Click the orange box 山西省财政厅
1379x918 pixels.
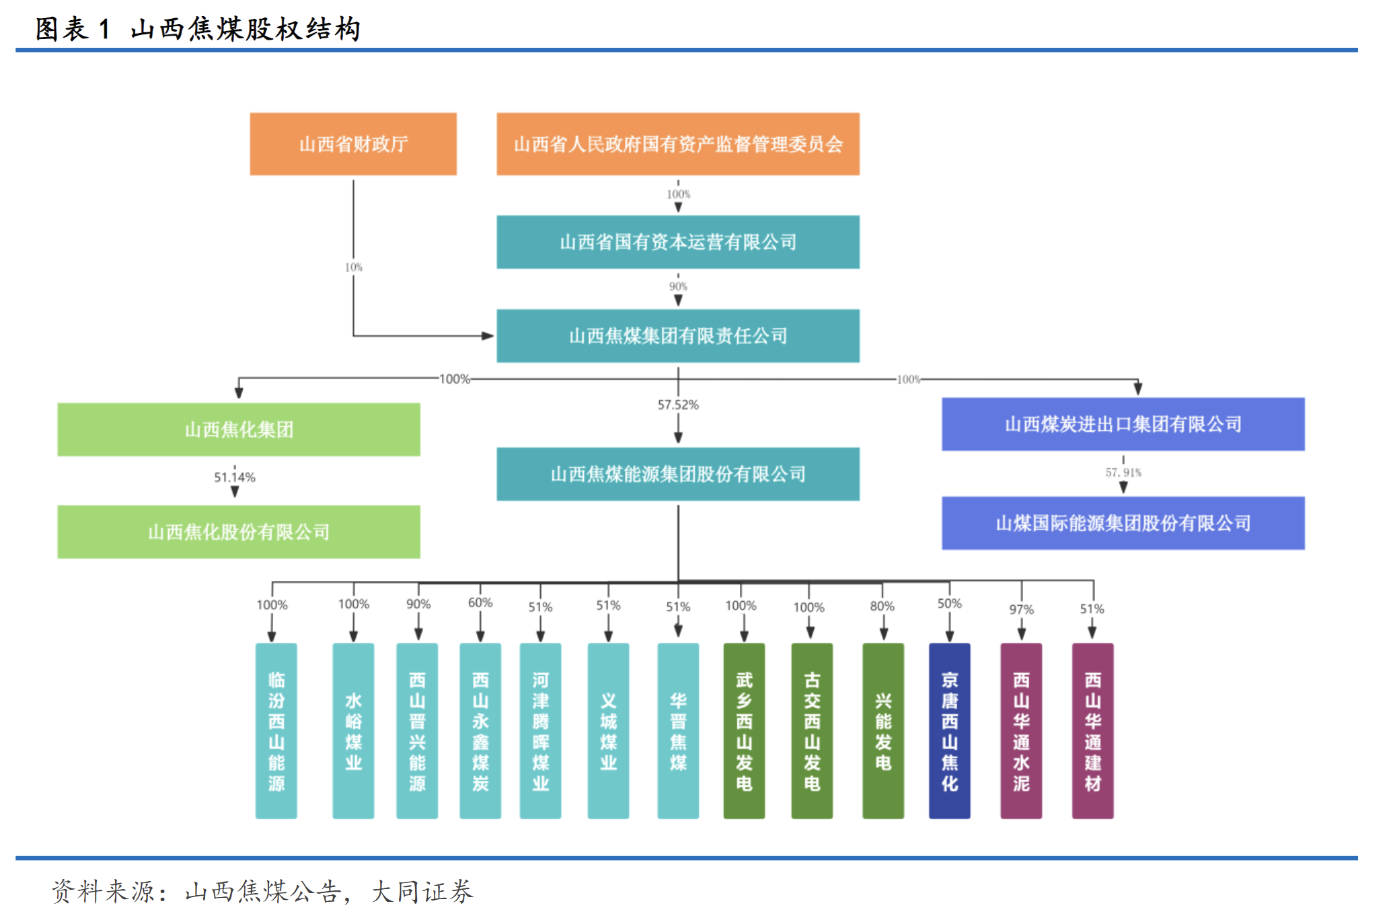[x=353, y=144]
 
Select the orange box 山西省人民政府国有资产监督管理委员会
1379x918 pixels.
[x=677, y=144]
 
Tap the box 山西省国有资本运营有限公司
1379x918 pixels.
[x=677, y=242]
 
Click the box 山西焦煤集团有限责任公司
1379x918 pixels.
[x=677, y=336]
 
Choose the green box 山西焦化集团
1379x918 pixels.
[x=239, y=429]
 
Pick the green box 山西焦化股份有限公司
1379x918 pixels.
[x=239, y=532]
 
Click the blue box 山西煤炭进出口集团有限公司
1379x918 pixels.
[x=1123, y=424]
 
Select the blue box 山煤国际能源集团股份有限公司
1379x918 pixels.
[x=1123, y=523]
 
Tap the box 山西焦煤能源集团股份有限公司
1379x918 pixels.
[x=677, y=474]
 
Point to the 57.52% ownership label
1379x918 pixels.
[x=678, y=404]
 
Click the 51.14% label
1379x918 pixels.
[x=235, y=477]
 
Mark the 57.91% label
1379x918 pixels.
[x=1123, y=472]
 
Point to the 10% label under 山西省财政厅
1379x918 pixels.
[x=353, y=267]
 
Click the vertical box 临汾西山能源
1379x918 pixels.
[x=276, y=731]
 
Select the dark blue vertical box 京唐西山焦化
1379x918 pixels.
[x=949, y=731]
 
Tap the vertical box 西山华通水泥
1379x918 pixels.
[x=1021, y=731]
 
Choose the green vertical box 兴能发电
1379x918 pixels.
[x=883, y=731]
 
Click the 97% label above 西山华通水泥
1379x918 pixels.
[x=1021, y=609]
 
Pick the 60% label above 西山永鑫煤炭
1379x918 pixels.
[x=480, y=602]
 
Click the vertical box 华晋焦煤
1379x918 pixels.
[x=678, y=731]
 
